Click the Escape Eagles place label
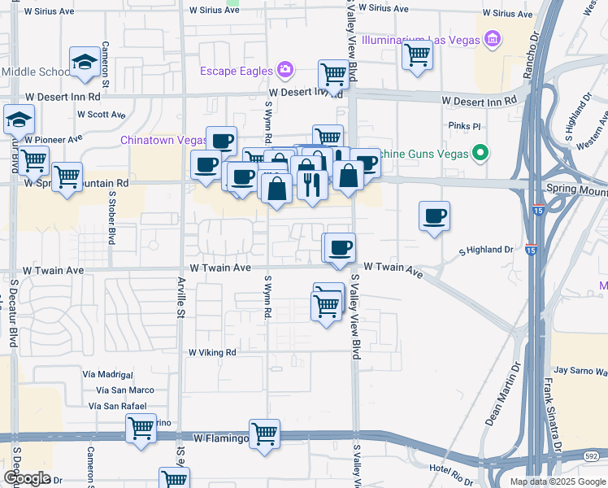tap(237, 71)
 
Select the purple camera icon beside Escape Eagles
tap(285, 70)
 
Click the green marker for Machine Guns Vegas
tap(480, 152)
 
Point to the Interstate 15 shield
tap(530, 251)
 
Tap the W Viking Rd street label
tap(212, 353)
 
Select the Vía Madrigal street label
tap(107, 374)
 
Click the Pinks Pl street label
tap(465, 127)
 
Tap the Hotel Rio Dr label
tap(450, 469)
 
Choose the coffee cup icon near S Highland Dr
tap(435, 216)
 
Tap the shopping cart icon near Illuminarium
tap(417, 55)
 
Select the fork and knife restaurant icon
tap(312, 185)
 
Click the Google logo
tap(27, 478)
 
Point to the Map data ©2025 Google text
tap(557, 481)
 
